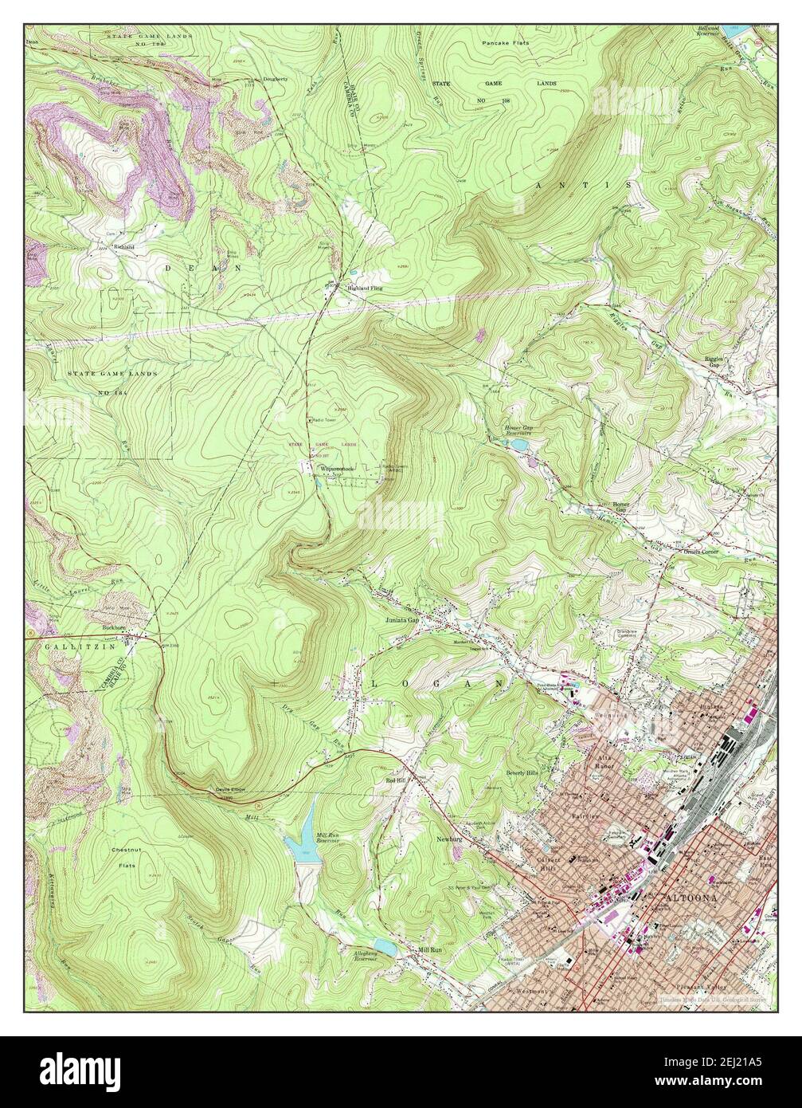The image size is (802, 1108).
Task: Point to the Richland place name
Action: [x=124, y=247]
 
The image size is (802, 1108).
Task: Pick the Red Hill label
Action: [x=395, y=780]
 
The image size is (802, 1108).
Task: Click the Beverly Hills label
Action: [x=522, y=773]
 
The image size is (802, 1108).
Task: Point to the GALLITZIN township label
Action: [x=63, y=646]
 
